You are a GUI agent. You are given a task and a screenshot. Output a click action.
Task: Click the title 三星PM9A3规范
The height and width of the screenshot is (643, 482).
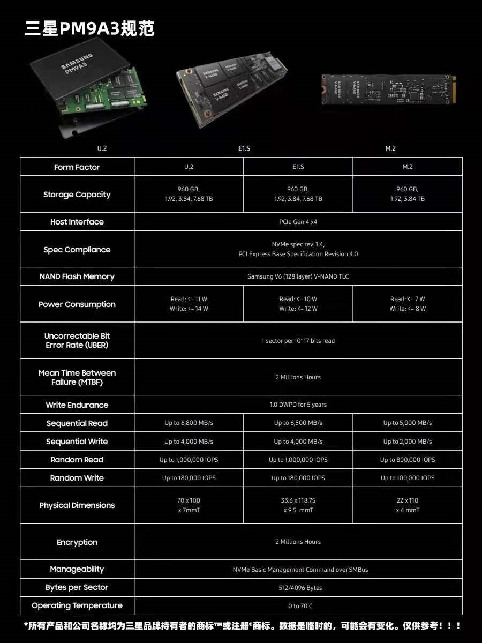(x=89, y=28)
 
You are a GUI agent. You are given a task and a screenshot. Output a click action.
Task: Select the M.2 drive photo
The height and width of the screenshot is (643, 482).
(x=389, y=88)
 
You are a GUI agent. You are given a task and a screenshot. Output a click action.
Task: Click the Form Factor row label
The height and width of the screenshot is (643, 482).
(x=77, y=167)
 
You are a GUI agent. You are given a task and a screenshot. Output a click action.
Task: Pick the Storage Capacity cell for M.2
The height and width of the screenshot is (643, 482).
(x=408, y=194)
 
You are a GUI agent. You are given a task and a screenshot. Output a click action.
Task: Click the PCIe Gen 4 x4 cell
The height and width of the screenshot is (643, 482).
(x=298, y=221)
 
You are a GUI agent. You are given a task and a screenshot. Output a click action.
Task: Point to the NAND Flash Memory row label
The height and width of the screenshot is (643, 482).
(x=77, y=276)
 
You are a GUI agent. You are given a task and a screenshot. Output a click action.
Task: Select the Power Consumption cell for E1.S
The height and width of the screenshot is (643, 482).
(x=298, y=304)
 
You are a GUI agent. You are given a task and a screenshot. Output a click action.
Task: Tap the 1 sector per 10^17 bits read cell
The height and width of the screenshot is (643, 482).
(x=298, y=341)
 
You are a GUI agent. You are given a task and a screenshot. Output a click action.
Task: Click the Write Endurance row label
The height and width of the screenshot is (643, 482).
(x=77, y=405)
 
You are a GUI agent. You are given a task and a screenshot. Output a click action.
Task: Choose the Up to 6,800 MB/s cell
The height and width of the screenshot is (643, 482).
(x=189, y=423)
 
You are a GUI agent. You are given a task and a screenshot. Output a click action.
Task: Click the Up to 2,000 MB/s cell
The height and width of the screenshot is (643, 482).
(x=408, y=442)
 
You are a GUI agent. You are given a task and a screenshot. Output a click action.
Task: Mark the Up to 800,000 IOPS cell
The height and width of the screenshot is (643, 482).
(x=408, y=460)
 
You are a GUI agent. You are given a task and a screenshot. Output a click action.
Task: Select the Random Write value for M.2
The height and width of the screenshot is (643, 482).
(x=408, y=478)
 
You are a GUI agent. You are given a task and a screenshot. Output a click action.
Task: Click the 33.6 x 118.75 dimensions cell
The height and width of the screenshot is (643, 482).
(x=298, y=505)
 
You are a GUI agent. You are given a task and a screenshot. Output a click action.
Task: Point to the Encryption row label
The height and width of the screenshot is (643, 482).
(x=77, y=542)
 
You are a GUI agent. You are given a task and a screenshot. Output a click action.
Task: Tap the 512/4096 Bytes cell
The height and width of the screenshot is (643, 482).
(x=298, y=588)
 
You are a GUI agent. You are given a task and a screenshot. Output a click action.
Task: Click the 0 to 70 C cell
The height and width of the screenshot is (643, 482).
(x=298, y=606)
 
